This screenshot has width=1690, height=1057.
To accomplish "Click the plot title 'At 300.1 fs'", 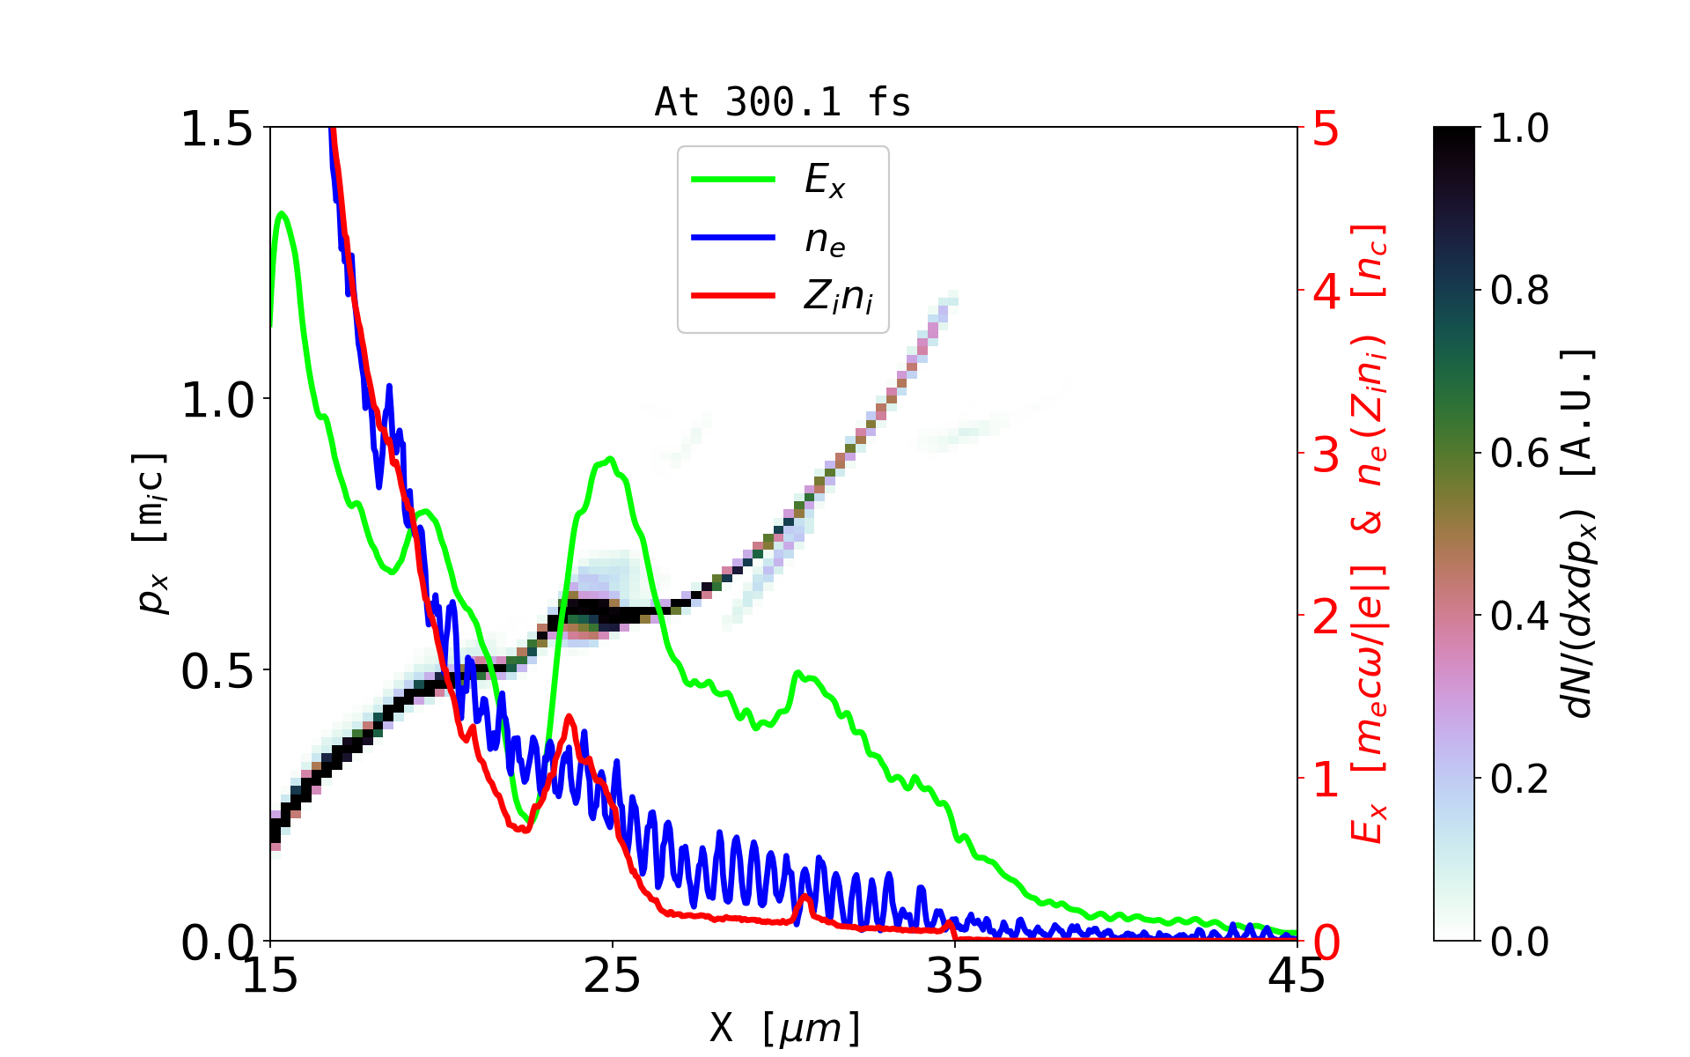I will click(783, 102).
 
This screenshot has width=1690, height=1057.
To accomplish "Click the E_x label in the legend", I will click(825, 181).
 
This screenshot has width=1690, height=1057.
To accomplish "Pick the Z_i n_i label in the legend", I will click(838, 297).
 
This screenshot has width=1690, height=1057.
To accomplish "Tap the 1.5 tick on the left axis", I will click(217, 129).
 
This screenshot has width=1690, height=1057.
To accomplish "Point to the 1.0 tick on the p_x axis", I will click(217, 400).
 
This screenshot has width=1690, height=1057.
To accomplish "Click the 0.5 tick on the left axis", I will click(217, 671).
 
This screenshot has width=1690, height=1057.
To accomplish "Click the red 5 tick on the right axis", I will click(1326, 129).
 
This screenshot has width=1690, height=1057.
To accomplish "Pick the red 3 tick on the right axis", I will click(1326, 455).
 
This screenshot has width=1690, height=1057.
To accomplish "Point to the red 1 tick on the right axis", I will click(1326, 780).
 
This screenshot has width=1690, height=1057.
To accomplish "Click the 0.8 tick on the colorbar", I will click(1519, 290).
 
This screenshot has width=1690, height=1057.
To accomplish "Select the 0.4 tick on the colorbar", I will click(1519, 616).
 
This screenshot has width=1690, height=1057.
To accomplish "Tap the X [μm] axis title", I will click(785, 1027).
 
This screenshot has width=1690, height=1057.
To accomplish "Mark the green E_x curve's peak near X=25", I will click(609, 459).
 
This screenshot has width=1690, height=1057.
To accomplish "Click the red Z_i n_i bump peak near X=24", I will click(569, 717).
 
